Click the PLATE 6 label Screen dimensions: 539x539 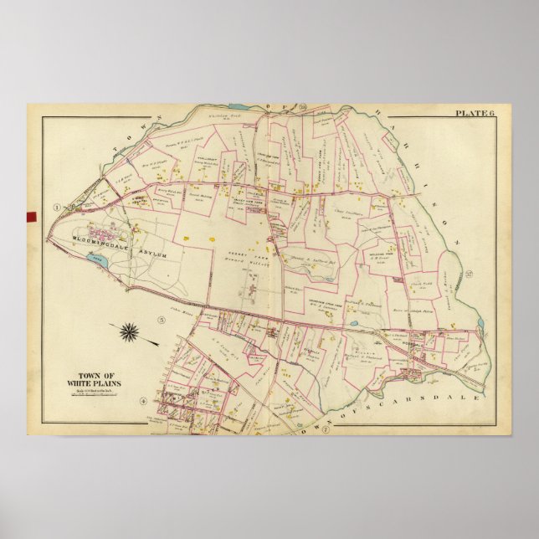click(475, 112)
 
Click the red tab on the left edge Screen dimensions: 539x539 click(31, 217)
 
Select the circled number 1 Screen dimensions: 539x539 click(56, 207)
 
